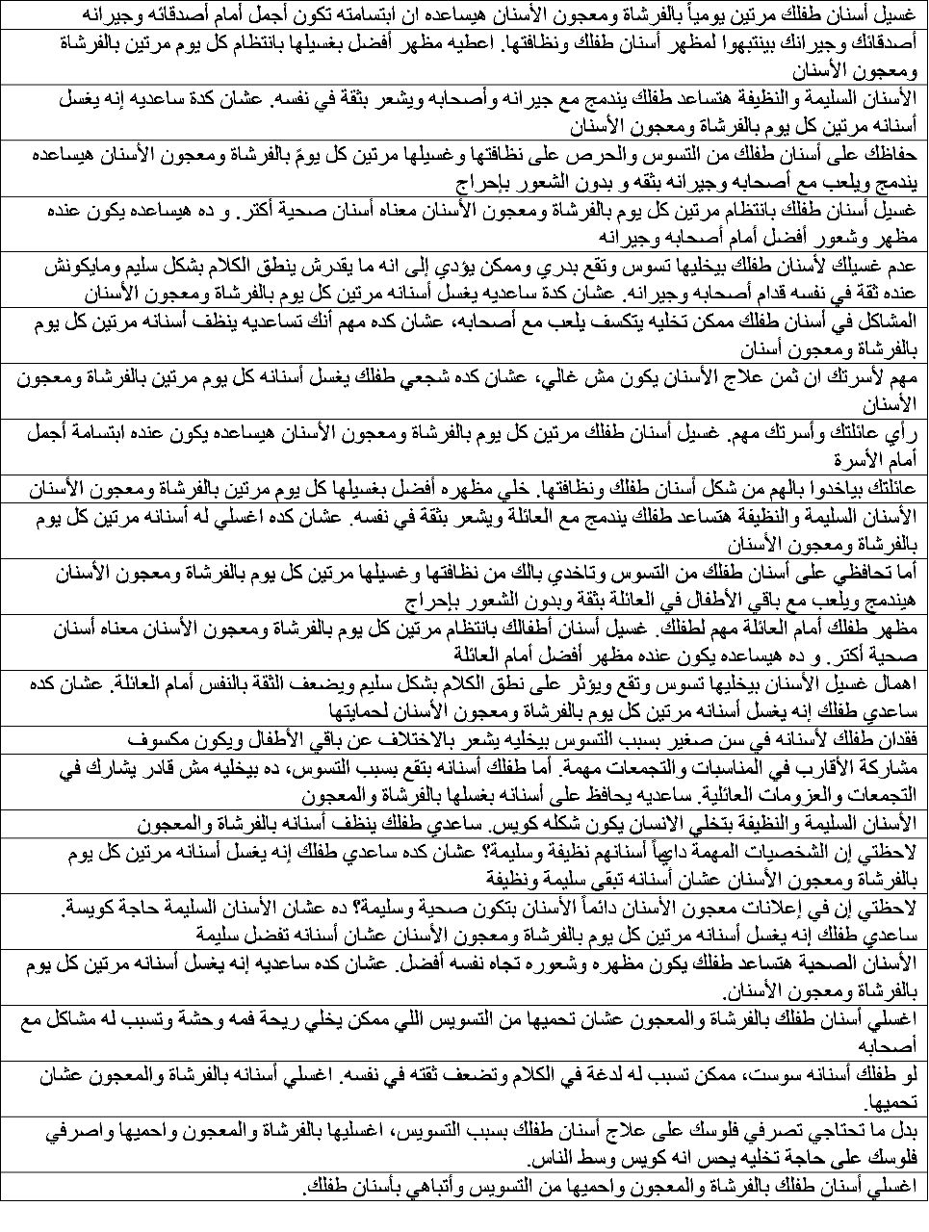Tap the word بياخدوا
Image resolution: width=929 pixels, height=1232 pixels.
[831, 488]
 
